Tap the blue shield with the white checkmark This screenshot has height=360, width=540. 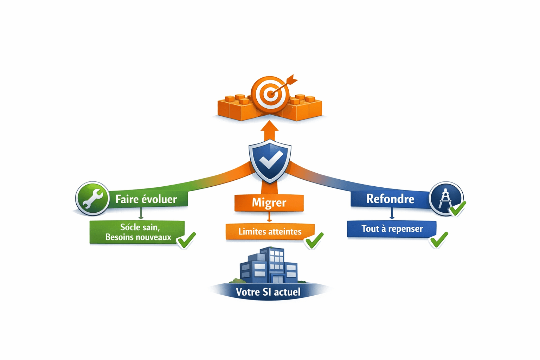(270, 161)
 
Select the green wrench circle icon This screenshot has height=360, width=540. (92, 198)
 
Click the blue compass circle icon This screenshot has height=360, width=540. (446, 198)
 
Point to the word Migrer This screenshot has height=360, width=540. (269, 202)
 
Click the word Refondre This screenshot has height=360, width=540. (390, 199)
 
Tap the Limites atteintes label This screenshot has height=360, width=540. (270, 231)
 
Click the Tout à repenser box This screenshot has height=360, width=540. (392, 229)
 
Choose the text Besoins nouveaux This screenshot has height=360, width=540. (138, 237)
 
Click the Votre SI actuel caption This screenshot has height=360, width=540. (268, 292)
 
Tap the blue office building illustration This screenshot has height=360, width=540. (269, 265)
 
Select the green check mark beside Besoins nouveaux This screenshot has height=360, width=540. (186, 240)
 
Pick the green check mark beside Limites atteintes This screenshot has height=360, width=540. (314, 240)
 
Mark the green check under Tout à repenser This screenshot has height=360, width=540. (439, 240)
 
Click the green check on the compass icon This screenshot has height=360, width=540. (457, 208)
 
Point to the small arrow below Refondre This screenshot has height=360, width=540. (392, 213)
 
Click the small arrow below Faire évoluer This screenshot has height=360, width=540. (141, 213)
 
